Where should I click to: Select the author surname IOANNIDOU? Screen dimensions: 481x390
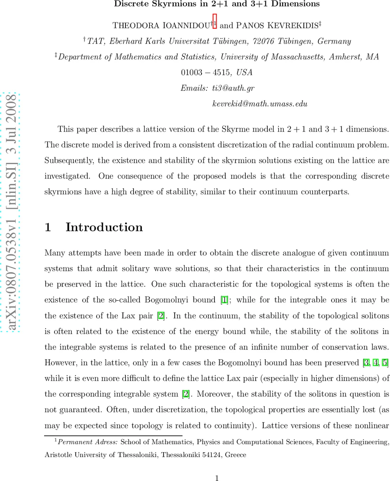(187, 25)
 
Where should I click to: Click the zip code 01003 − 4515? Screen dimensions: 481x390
(206, 73)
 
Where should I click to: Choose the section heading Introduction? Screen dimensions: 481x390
(104, 227)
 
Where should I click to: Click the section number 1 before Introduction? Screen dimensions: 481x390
(48, 227)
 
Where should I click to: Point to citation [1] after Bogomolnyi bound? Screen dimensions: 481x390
(225, 300)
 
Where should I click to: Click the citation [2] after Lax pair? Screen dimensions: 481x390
(161, 316)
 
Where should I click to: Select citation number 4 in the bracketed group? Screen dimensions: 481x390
(376, 363)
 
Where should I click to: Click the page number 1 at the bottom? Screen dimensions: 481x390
(216, 478)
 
